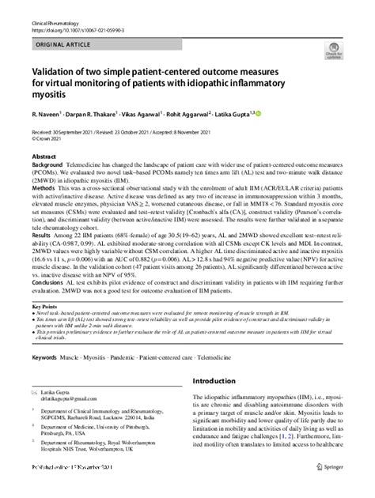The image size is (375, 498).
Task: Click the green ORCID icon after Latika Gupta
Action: [278, 111]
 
